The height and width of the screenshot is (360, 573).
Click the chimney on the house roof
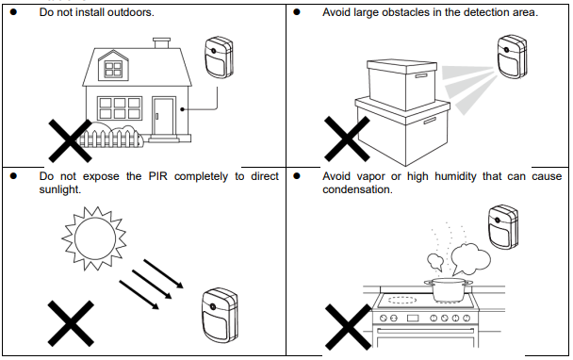point(161,42)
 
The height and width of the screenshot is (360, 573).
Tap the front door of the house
point(164,116)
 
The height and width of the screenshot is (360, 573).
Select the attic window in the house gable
point(113,69)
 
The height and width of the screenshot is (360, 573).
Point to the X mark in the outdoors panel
point(70,140)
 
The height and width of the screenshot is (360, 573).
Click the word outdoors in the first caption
point(130,12)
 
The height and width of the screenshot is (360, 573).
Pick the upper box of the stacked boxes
point(401,85)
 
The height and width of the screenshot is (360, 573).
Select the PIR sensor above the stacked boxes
point(513,57)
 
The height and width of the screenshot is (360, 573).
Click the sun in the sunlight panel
point(94,238)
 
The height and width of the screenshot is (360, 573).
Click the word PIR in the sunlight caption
point(158,176)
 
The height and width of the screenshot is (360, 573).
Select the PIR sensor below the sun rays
point(220,316)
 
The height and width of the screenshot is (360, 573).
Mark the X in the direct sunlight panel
point(71,323)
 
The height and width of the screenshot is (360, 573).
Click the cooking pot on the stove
point(448,290)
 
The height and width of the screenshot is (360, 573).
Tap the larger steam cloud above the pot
point(470,259)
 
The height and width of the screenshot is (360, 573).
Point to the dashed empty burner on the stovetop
point(402,300)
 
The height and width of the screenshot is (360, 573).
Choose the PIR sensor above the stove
point(503,227)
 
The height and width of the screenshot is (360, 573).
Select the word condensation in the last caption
point(357,189)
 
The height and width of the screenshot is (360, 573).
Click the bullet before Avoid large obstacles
point(297,12)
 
